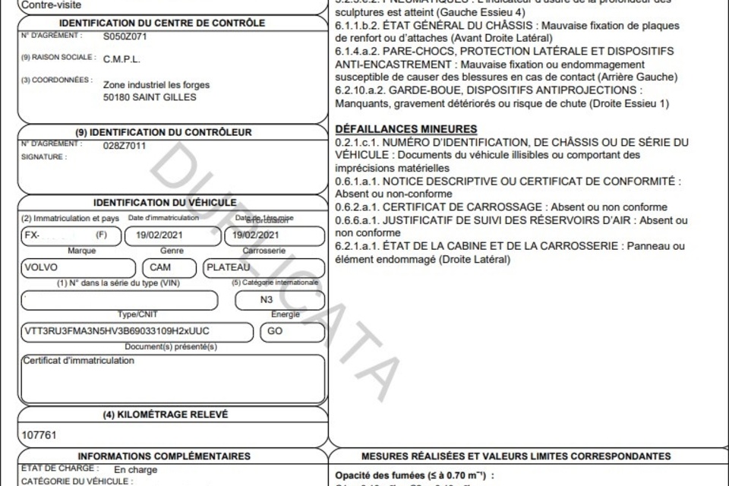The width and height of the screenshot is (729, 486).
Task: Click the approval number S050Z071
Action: [125, 36]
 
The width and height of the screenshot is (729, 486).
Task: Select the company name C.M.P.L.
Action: [121, 59]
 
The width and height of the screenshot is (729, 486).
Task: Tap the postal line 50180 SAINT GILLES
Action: [150, 97]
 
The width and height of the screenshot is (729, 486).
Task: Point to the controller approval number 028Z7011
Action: [125, 145]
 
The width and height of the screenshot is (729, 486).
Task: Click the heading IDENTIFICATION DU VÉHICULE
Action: [173, 203]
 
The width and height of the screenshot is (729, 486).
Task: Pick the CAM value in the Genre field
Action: [160, 267]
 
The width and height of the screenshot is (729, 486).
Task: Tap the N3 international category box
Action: [267, 300]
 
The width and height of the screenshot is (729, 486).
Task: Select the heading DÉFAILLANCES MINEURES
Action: [406, 129]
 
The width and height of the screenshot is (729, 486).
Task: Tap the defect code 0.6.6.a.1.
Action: [358, 219]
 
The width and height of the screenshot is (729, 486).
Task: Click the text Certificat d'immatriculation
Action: [79, 361]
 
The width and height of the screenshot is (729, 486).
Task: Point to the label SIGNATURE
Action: [43, 157]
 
